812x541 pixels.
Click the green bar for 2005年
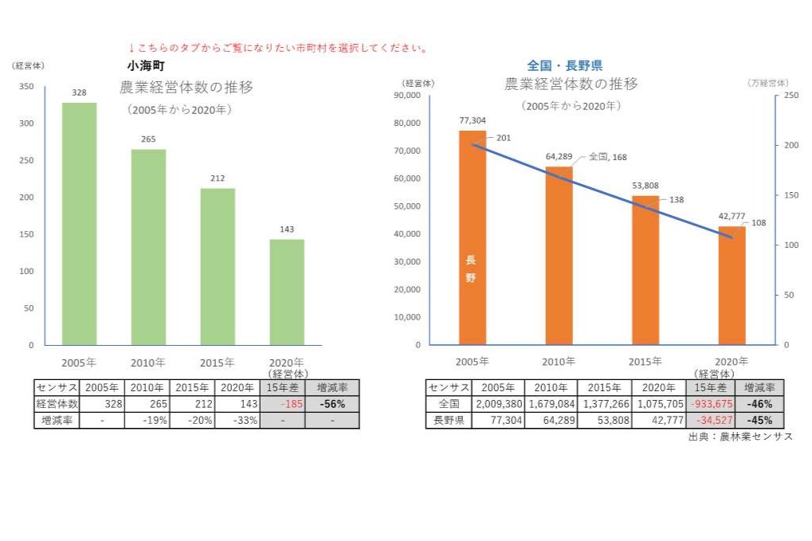pos(80,224)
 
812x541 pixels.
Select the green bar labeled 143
pos(287,292)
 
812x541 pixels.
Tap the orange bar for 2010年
pos(559,256)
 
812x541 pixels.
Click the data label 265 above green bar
pos(148,139)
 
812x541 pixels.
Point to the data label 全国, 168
pos(607,158)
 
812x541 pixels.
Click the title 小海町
pos(145,66)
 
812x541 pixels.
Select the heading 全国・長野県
pos(565,65)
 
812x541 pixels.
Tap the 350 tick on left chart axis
pos(27,87)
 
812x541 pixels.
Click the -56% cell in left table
pos(332,404)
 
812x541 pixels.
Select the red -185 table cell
pos(283,404)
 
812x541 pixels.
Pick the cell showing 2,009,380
pos(498,404)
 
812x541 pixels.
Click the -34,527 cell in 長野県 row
pos(709,420)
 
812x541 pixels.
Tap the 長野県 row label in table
pos(449,420)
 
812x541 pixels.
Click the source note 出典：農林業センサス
pos(740,437)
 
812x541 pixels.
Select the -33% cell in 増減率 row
pos(237,420)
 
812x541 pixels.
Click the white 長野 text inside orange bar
pos(471,269)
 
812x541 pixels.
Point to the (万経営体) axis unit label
pos(767,83)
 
